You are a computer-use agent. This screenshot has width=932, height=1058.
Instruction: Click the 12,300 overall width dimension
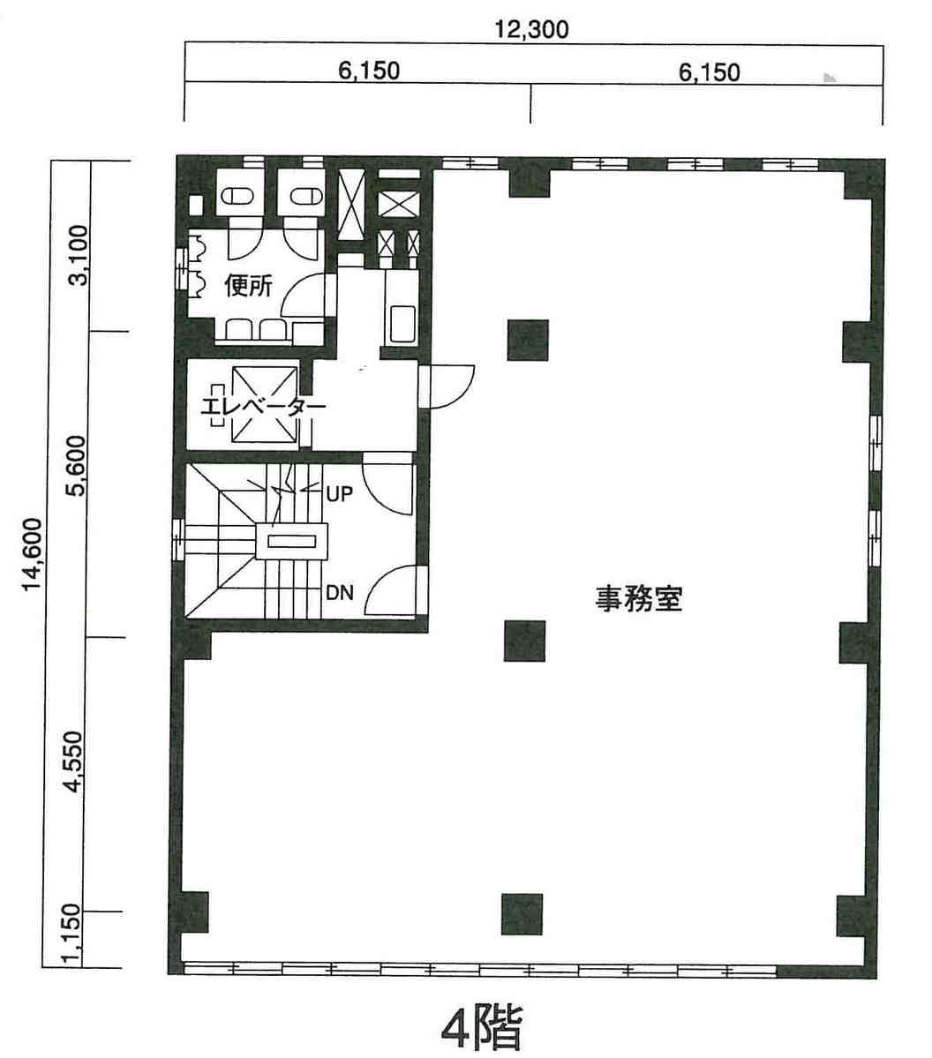click(x=531, y=30)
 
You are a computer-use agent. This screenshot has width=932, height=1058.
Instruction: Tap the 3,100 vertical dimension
click(x=79, y=255)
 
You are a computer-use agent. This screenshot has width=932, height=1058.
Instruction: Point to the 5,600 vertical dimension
click(x=78, y=466)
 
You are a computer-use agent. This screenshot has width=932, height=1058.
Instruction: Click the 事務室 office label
click(x=638, y=598)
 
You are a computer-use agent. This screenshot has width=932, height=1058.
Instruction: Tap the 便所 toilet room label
click(x=248, y=286)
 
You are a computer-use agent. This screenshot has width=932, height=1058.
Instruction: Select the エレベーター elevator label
click(x=264, y=407)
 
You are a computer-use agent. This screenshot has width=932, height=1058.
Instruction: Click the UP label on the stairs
click(x=339, y=495)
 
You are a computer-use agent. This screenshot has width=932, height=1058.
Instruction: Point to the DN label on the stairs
click(x=340, y=592)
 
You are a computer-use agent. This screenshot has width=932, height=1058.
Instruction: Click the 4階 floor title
click(x=482, y=1028)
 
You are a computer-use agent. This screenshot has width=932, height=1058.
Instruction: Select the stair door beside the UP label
click(x=387, y=484)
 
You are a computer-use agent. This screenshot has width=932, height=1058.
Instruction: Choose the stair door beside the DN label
click(x=392, y=590)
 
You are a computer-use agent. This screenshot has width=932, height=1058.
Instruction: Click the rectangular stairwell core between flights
click(x=291, y=541)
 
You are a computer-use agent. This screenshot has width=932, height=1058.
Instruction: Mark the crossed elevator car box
click(x=264, y=405)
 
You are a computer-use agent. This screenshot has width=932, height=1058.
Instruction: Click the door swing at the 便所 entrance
click(x=308, y=296)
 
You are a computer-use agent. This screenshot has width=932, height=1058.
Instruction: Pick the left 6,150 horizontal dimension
click(x=369, y=71)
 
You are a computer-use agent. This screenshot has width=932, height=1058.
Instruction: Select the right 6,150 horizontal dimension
click(x=709, y=71)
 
